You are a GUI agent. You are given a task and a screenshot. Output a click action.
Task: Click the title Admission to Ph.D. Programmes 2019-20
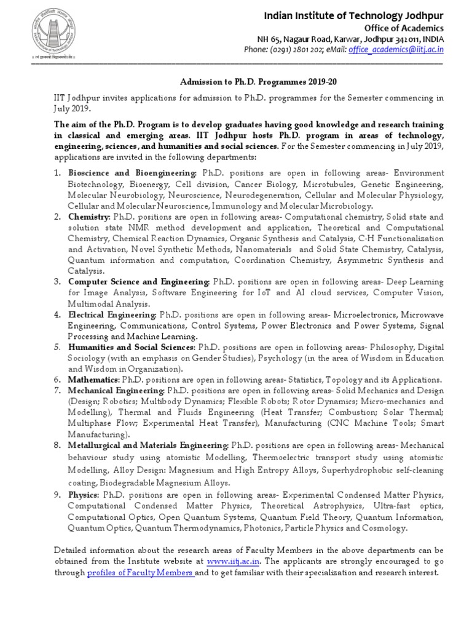tap(249, 81)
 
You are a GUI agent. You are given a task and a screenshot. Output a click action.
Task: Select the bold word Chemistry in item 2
tap(89, 217)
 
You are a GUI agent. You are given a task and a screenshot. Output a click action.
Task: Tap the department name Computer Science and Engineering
tap(139, 282)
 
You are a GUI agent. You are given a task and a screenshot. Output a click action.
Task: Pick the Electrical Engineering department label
tap(113, 314)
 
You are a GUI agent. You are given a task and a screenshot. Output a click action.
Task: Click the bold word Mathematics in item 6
tap(94, 380)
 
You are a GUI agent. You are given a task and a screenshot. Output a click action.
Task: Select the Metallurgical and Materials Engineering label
tap(148, 444)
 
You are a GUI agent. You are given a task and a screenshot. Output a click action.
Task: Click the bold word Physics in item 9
tap(85, 495)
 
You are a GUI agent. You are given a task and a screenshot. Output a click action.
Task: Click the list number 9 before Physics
tap(57, 495)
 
